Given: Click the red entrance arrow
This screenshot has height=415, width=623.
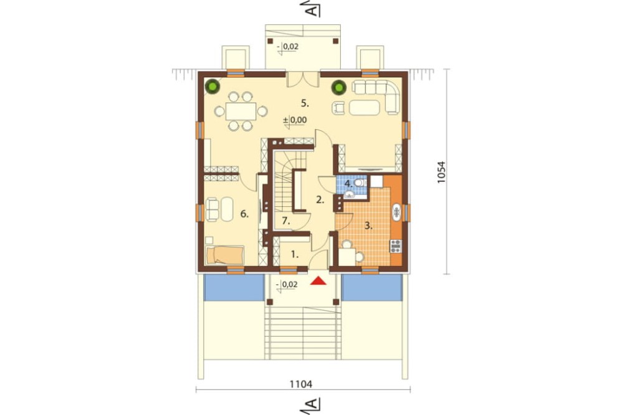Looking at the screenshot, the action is (x=318, y=281).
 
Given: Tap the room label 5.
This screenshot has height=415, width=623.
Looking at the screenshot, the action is (x=305, y=103).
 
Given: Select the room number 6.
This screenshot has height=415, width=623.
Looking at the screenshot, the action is (x=244, y=214).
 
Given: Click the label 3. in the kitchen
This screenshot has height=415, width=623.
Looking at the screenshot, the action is (x=368, y=226).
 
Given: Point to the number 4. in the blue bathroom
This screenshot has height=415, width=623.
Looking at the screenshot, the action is (x=348, y=184).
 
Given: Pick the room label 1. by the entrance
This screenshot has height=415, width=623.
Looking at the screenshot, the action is (x=295, y=254).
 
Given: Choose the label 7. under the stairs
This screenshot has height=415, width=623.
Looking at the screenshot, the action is (x=286, y=221).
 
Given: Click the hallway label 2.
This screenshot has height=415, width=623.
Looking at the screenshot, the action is (x=320, y=200).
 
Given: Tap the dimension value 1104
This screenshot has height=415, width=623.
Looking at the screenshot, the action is (x=301, y=384).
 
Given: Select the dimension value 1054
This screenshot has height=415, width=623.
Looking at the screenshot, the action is (x=442, y=172).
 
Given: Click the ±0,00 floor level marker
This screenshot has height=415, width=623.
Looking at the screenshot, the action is (x=295, y=120).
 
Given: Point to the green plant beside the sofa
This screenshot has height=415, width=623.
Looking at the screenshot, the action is (x=339, y=87).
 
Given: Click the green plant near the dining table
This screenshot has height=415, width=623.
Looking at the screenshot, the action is (x=212, y=86).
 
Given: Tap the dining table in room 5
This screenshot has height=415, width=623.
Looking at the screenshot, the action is (x=240, y=111).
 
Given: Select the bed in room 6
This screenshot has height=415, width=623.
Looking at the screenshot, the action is (x=225, y=255).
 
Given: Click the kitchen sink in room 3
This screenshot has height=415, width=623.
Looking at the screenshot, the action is (x=397, y=212).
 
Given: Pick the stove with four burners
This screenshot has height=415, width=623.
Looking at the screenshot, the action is (x=396, y=247).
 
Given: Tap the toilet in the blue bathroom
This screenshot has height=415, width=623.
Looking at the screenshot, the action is (x=359, y=183).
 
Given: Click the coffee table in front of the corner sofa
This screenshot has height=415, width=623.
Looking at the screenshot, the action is (x=364, y=108).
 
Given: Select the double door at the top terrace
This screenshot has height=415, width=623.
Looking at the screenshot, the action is (x=303, y=79).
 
